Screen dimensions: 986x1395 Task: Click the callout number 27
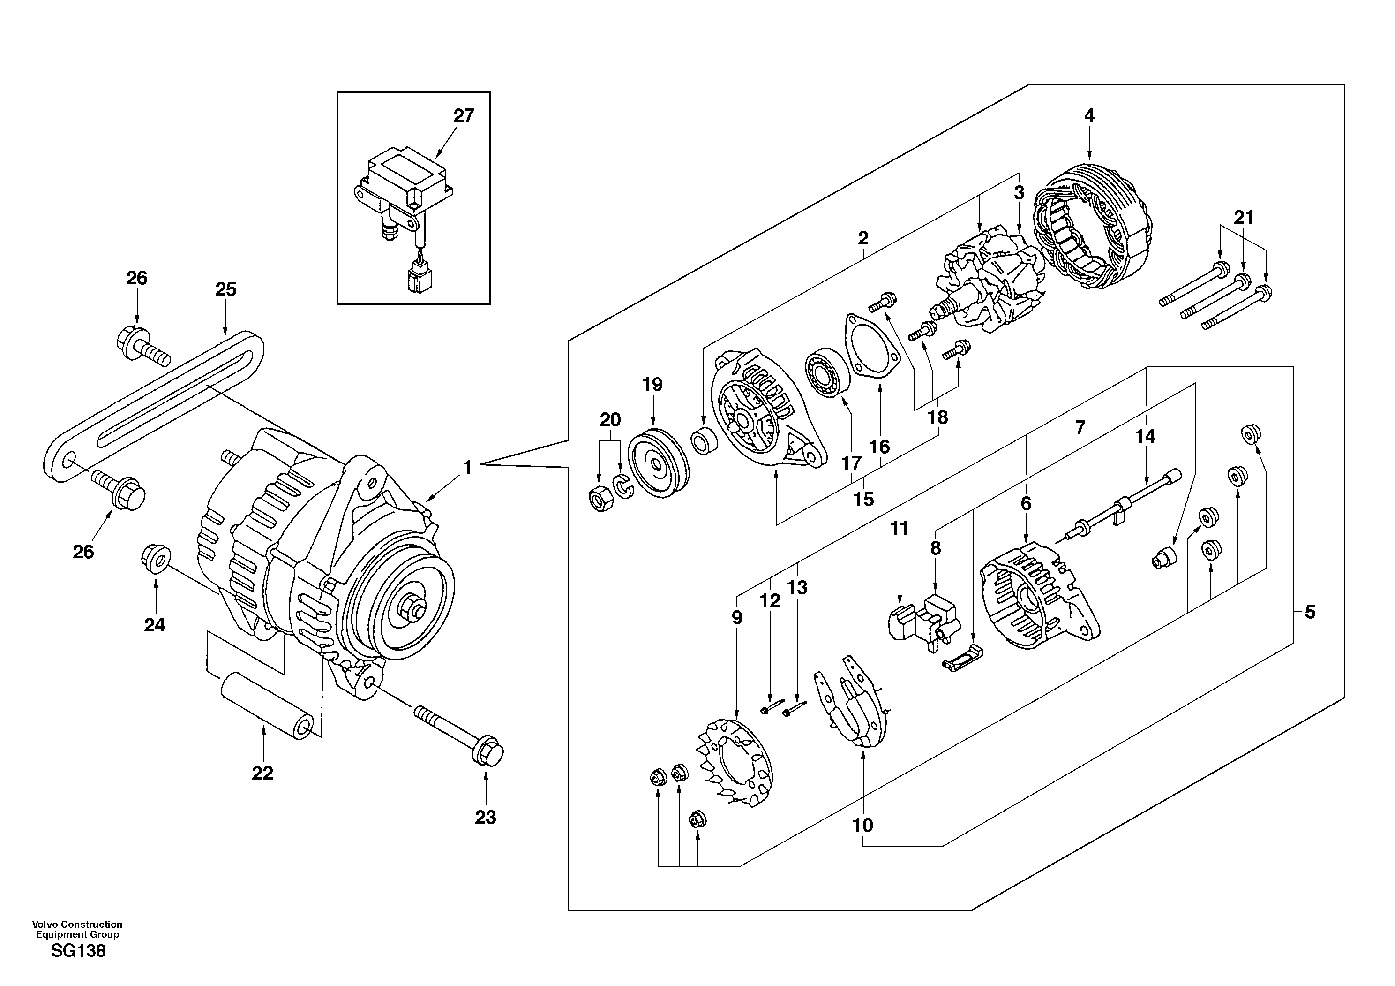[464, 115]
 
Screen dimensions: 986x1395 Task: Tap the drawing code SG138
[78, 951]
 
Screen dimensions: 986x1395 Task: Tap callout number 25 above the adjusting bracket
[225, 289]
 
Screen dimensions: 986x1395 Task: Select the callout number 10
[863, 825]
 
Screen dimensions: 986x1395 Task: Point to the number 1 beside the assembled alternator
[467, 468]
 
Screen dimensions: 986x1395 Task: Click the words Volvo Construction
[77, 925]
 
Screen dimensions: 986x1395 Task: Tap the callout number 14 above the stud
[1145, 436]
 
